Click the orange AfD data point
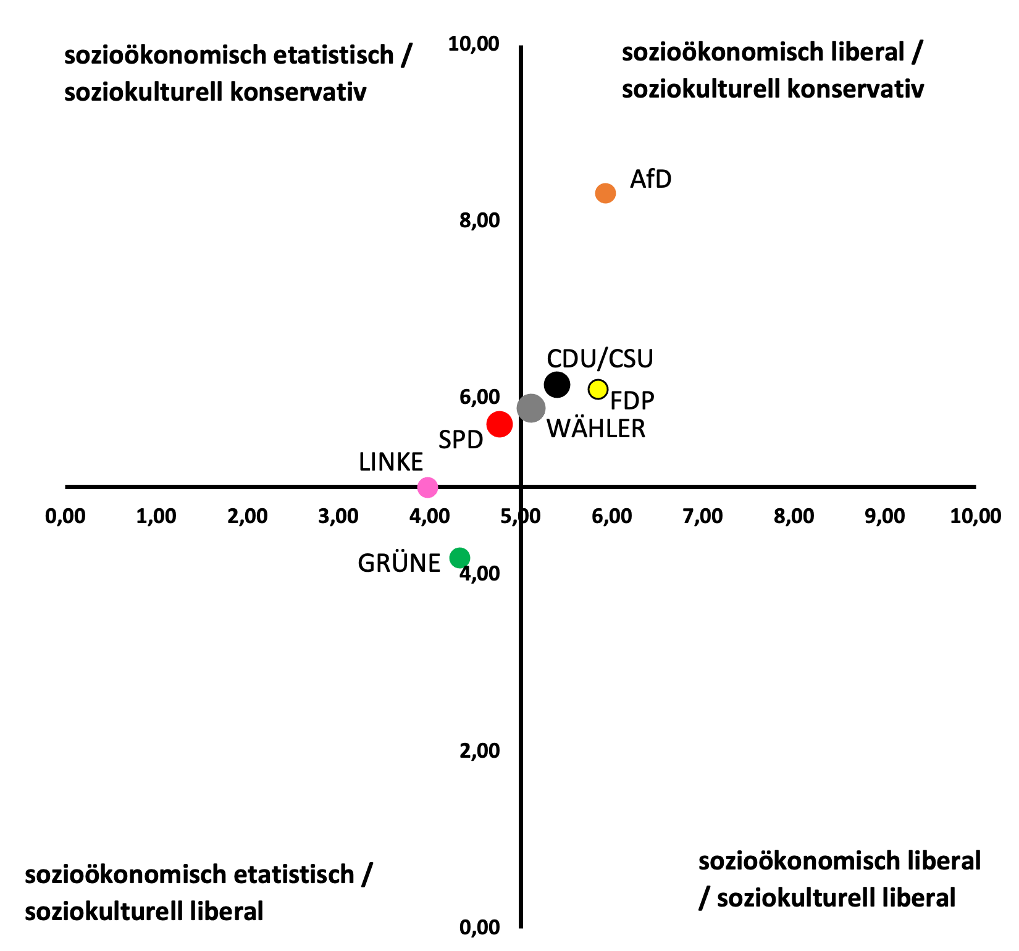click(x=605, y=193)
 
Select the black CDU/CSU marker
click(x=556, y=385)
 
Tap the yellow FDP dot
click(x=598, y=390)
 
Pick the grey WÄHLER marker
click(x=531, y=408)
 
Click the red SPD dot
click(x=500, y=424)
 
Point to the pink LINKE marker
click(x=427, y=487)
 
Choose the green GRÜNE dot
click(x=459, y=558)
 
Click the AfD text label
click(x=650, y=179)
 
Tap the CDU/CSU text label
click(x=600, y=359)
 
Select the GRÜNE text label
click(x=399, y=563)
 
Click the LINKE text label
click(x=391, y=462)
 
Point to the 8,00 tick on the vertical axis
click(x=479, y=220)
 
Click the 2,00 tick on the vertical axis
click(x=479, y=750)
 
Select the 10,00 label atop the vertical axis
click(x=474, y=44)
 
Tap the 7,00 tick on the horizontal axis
click(x=703, y=516)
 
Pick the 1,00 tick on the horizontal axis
click(x=156, y=516)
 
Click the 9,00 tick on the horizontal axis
click(x=885, y=516)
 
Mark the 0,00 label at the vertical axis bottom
click(x=479, y=927)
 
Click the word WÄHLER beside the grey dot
click(x=596, y=429)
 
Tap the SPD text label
click(x=460, y=440)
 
